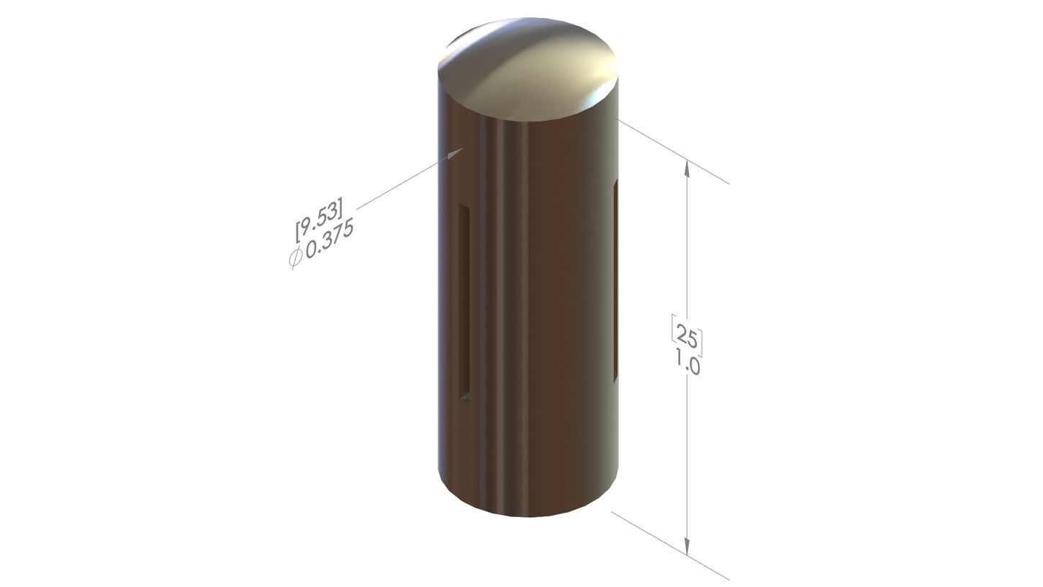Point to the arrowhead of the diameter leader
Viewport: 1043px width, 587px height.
click(456, 153)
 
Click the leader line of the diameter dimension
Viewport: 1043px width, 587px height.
click(410, 178)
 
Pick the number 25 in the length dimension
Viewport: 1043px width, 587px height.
click(687, 337)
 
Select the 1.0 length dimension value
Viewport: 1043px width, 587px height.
click(687, 362)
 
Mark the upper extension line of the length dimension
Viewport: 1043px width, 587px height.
click(674, 151)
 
